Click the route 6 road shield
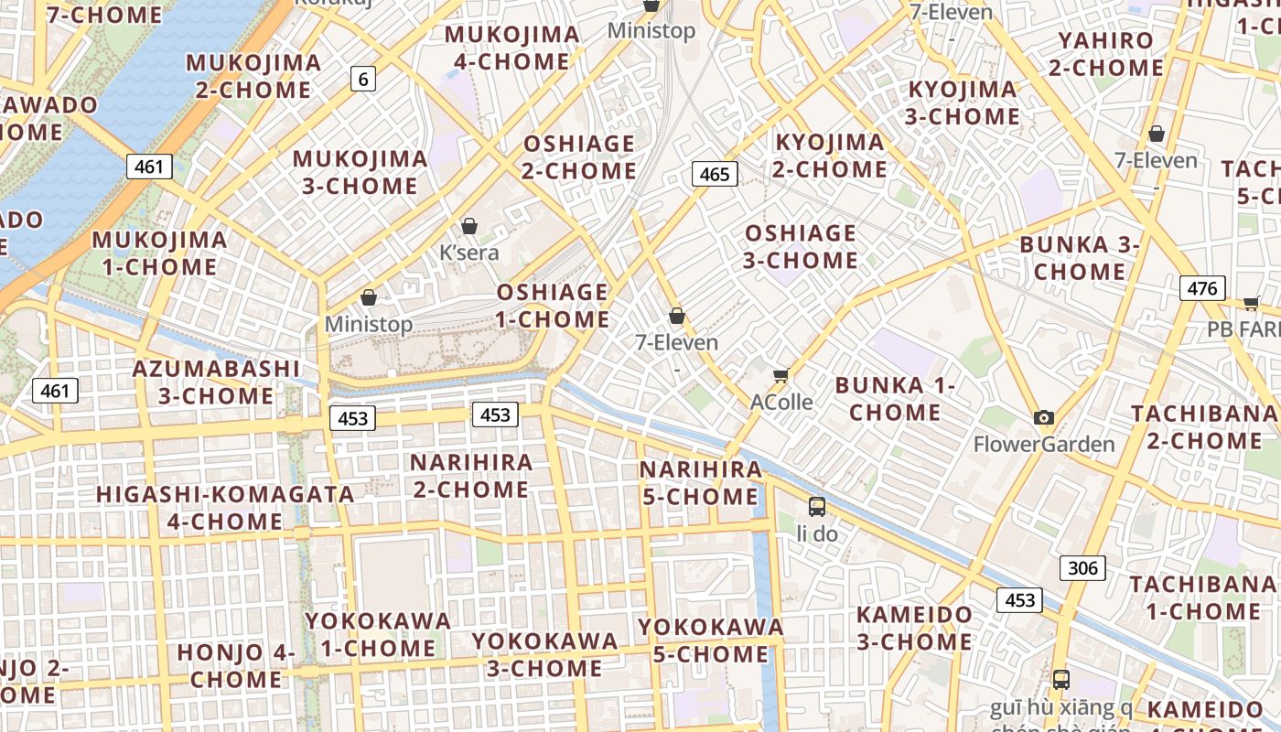coord(363,79)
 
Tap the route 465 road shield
coord(714,174)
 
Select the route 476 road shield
coord(1202,288)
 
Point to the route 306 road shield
coord(1082,568)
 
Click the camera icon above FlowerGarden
coord(1044,418)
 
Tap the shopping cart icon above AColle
coord(781,375)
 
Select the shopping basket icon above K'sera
coord(469,226)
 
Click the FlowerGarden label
coord(1044,445)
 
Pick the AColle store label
coord(781,402)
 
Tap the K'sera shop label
coord(469,252)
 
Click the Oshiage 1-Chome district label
coord(553,306)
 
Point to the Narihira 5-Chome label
coord(700,483)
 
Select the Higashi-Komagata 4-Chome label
coord(225,508)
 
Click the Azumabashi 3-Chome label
coord(216,382)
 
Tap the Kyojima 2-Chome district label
coord(830,156)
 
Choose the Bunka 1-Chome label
coord(895,398)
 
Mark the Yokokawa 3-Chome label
coord(544,654)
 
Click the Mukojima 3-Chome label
coord(360,172)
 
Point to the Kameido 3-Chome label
coord(914,628)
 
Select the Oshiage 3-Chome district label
coord(801,246)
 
